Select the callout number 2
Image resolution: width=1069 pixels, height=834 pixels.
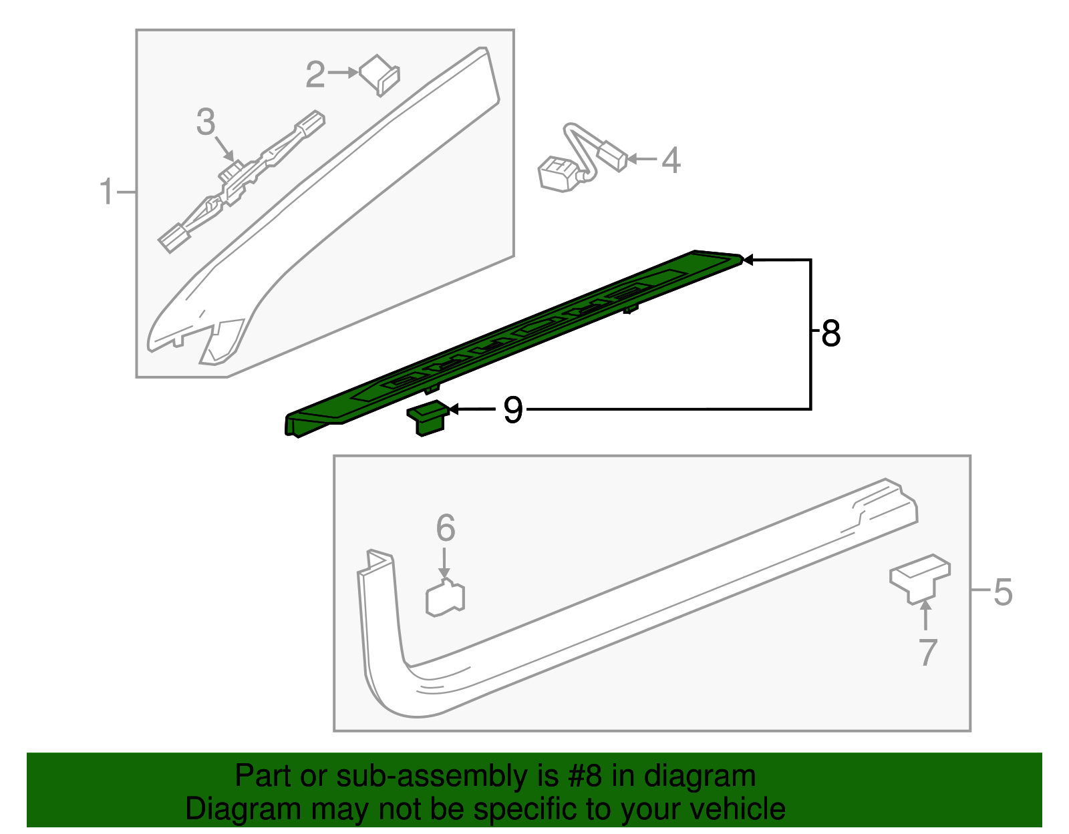coord(315,74)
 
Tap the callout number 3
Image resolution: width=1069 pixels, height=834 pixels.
coord(206,122)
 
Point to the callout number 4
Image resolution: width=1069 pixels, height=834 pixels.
coord(671,160)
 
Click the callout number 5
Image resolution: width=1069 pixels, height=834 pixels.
coord(1003,592)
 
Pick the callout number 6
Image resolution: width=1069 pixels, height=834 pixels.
coord(446,528)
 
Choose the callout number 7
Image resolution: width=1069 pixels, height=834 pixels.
coord(928,652)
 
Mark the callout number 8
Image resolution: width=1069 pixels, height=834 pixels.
coord(830,333)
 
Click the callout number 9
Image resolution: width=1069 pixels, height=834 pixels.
coord(512,409)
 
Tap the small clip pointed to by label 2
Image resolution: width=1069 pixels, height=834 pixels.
coord(379,74)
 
